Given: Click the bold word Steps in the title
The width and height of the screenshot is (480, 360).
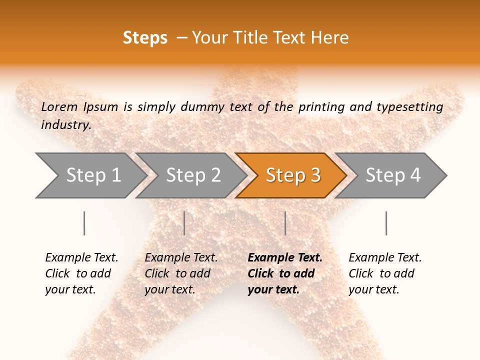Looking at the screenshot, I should [x=145, y=38].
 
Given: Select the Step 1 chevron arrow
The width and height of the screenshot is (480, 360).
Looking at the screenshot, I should [x=90, y=175].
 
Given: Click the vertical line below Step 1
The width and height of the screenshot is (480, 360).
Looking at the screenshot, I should [x=84, y=223].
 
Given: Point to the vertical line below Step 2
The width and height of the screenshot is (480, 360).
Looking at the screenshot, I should [x=184, y=223].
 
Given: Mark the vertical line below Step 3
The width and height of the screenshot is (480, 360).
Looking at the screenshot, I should [x=285, y=223].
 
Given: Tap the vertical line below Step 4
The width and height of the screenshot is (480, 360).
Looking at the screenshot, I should [x=386, y=223].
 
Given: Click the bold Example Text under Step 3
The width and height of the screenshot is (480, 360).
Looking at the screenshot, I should [x=285, y=258].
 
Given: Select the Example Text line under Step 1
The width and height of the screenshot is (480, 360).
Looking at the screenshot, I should [x=81, y=258].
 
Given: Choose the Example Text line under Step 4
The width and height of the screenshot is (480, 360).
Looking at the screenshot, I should [x=385, y=258].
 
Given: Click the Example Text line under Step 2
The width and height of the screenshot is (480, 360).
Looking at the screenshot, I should [x=181, y=258].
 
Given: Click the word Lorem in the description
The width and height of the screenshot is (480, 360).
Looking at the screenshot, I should [x=59, y=107].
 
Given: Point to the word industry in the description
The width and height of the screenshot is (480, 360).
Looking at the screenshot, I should [x=66, y=125].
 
